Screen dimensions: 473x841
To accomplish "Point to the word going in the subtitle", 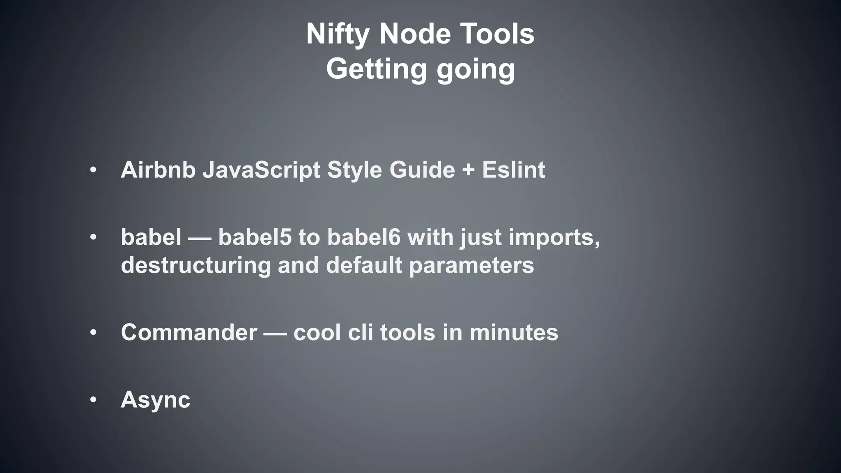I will tap(476, 70).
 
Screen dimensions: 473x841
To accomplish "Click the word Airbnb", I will tap(158, 170).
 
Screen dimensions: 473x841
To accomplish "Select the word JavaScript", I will tap(261, 170).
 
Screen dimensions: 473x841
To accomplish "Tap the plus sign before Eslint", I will tap(468, 170).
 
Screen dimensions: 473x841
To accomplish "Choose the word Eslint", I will tap(513, 170).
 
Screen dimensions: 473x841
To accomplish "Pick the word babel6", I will tap(363, 237).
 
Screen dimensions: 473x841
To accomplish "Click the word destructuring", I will tap(196, 265).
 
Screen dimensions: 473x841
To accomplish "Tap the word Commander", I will tap(189, 332).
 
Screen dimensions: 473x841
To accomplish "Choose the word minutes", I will tap(514, 332).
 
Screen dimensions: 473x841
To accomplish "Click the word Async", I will tap(155, 400).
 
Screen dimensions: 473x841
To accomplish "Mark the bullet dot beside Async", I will tap(94, 400).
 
